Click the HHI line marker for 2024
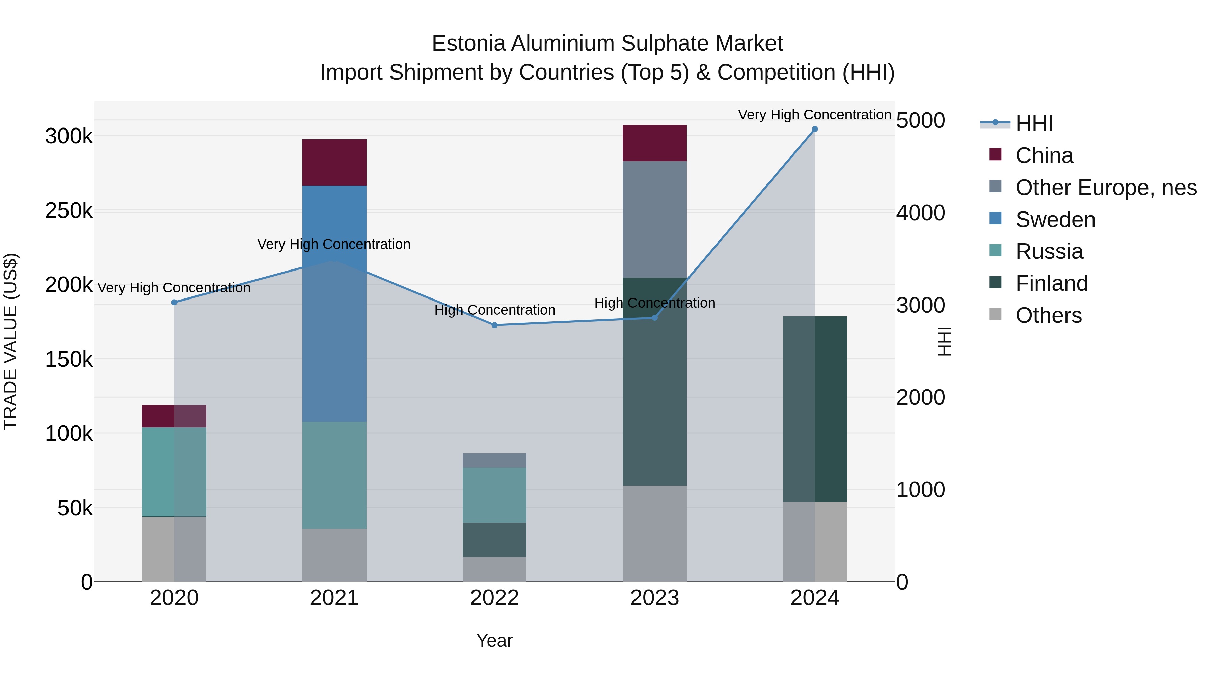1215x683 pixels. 815,129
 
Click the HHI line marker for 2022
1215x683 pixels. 494,325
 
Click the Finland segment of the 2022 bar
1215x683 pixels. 494,540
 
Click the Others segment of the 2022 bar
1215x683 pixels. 494,569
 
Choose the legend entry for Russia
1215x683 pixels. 1049,251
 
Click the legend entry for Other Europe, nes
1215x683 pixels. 1106,188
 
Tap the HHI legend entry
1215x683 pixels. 1034,123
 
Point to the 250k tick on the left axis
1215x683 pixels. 69,211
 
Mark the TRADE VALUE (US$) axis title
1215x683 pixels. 10,341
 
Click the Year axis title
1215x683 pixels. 494,641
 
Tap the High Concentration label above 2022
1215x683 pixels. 494,310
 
